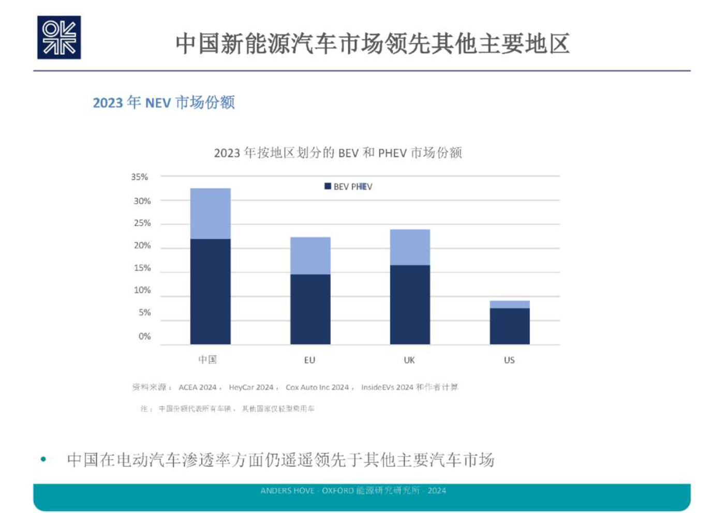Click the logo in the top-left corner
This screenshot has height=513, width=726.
[59, 37]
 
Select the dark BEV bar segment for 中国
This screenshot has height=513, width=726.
[210, 291]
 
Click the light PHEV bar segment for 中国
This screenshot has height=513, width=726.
[210, 214]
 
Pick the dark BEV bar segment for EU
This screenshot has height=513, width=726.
[310, 309]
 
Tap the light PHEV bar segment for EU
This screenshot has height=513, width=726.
[310, 255]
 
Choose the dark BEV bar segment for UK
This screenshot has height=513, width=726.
[410, 304]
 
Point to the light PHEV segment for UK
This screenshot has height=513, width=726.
[410, 247]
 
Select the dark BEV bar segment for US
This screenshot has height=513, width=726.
[510, 326]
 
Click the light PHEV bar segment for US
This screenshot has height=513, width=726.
[510, 304]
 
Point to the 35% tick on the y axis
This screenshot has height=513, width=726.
[140, 177]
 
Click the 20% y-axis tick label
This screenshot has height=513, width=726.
[142, 246]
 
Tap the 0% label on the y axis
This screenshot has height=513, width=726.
[144, 337]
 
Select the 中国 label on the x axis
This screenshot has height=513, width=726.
[208, 360]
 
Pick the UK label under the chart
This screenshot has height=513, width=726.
[409, 360]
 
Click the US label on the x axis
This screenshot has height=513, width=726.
[509, 360]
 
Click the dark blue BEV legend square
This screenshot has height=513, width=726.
[328, 186]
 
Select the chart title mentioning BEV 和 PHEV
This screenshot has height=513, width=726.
[338, 153]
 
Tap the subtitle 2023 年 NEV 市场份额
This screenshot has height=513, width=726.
[164, 102]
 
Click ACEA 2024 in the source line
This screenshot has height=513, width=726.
[197, 387]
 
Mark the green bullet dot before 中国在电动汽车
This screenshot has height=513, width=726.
[43, 459]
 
